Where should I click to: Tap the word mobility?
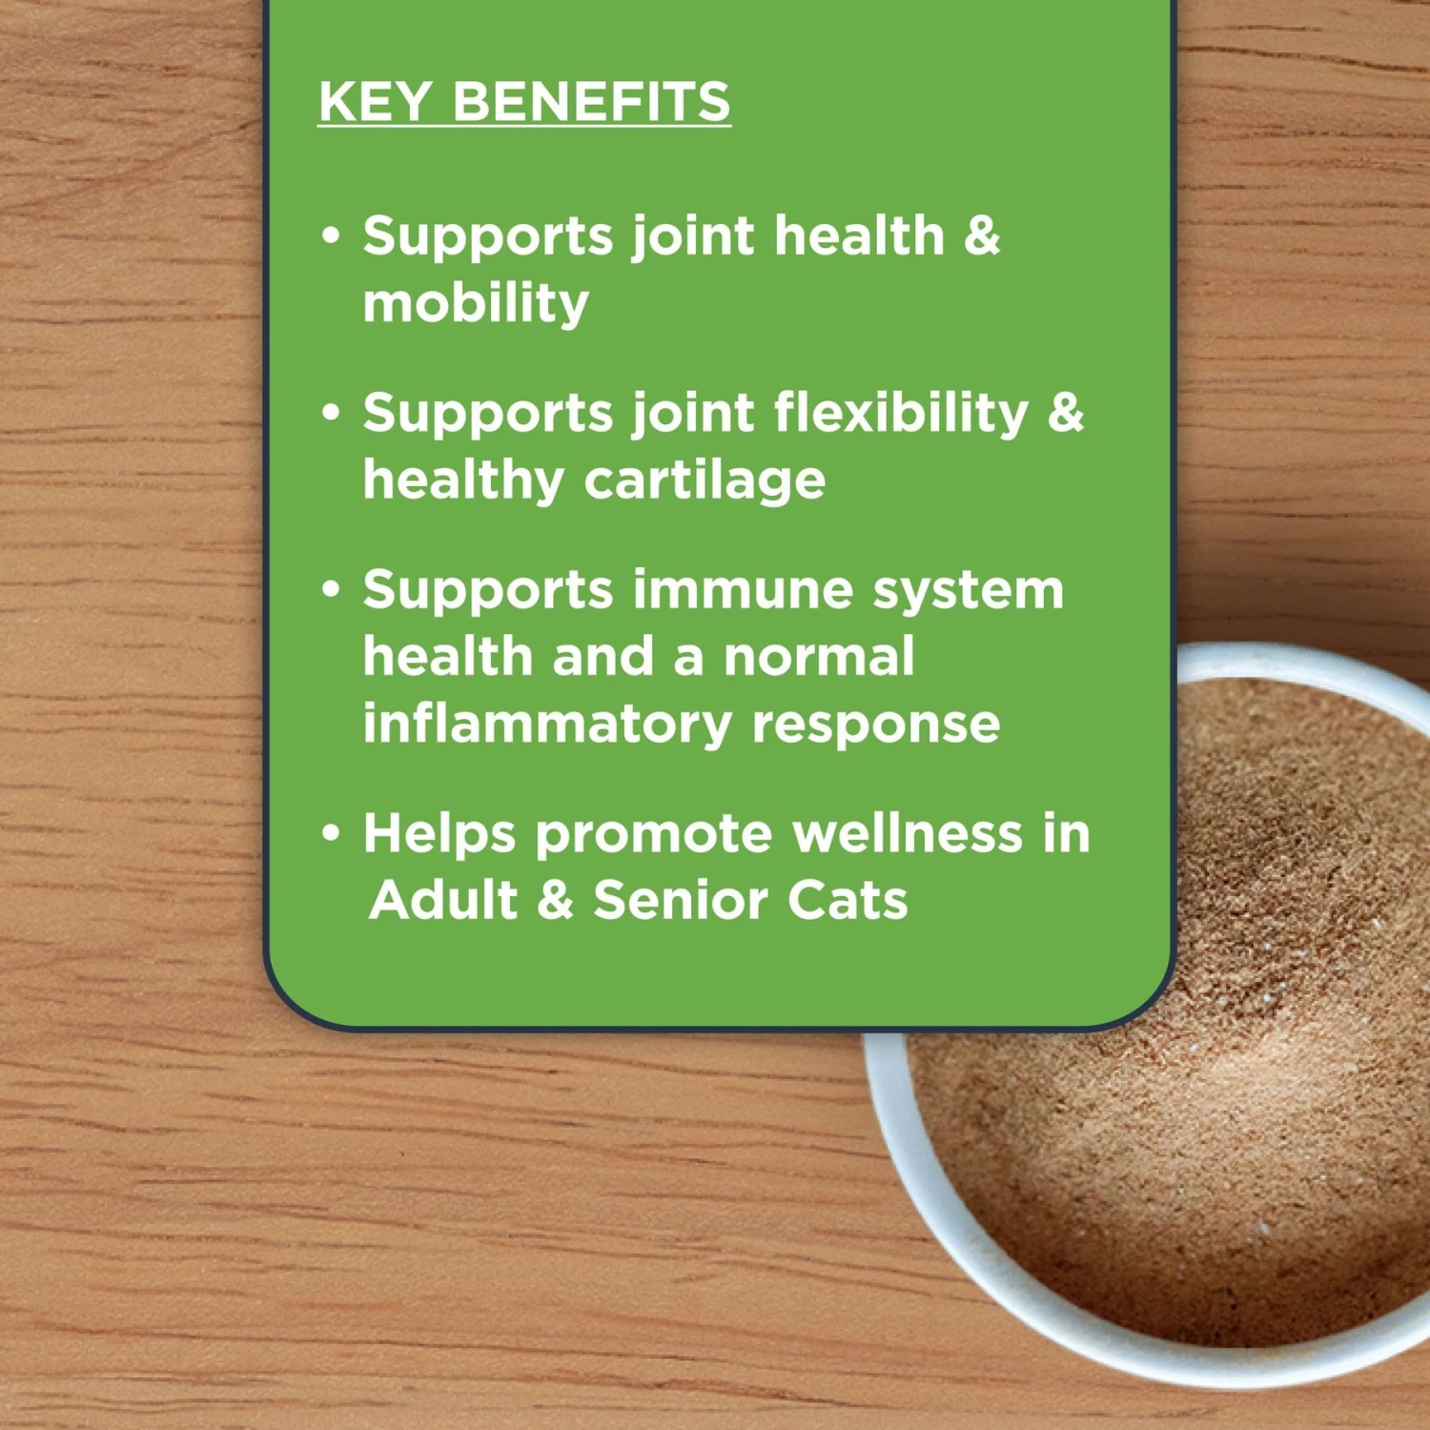[476, 304]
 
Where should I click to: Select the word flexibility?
[901, 414]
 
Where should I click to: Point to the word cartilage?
[705, 480]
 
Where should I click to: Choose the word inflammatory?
[546, 725]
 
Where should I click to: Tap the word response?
[876, 725]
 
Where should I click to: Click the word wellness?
[908, 834]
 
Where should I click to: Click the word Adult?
[444, 900]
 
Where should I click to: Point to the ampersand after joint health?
[982, 235]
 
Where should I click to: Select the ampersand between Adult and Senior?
[555, 900]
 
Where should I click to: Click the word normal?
[819, 657]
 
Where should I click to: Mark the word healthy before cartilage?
[463, 480]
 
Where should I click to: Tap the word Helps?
[439, 834]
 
